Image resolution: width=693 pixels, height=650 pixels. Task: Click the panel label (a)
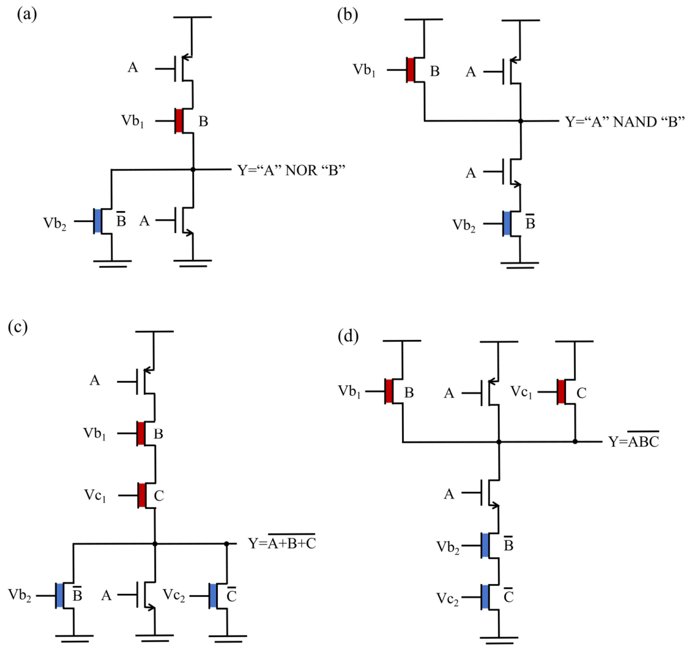[x=26, y=15]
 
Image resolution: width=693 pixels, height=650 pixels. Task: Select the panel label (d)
[x=348, y=336]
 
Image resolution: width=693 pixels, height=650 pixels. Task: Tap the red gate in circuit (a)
[x=179, y=121]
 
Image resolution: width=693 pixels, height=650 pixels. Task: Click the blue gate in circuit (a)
[x=98, y=221]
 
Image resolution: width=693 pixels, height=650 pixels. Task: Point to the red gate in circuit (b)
[x=411, y=70]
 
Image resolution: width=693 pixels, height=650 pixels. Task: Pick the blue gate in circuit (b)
[x=507, y=223]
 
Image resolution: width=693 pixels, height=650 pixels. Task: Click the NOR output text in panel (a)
[x=291, y=170]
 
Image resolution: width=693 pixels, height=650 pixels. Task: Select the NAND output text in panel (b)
[x=625, y=121]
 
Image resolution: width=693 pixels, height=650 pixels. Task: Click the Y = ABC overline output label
[x=634, y=441]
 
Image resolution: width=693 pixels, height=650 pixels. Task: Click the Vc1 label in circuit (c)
[x=95, y=496]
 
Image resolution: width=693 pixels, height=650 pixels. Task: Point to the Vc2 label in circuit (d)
[x=447, y=599]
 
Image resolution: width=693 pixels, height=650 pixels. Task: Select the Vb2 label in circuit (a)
[x=55, y=223]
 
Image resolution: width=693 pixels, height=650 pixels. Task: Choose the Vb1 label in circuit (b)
[x=364, y=70]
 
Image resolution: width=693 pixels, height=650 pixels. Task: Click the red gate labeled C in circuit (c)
[x=142, y=495]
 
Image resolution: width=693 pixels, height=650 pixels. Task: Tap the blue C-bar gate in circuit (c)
[x=213, y=596]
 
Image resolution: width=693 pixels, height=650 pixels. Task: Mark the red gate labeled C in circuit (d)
[x=561, y=391]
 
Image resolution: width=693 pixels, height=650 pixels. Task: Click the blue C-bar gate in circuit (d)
[x=485, y=597]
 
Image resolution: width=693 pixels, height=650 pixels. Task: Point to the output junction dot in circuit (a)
[x=193, y=169]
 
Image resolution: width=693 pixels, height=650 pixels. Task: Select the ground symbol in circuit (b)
[x=520, y=265]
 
